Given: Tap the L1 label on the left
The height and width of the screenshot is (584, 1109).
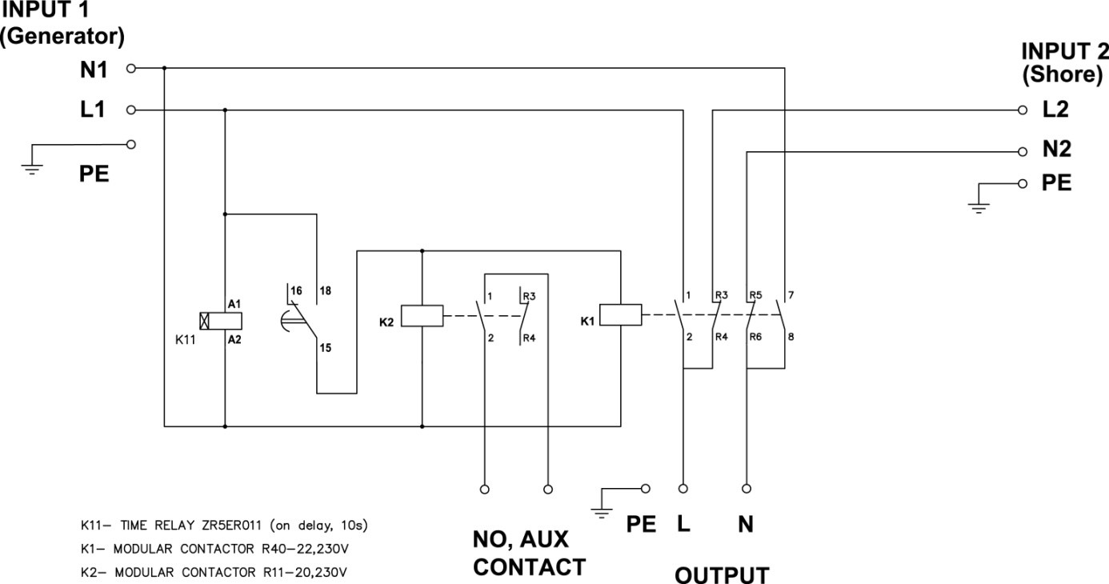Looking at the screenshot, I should (93, 110).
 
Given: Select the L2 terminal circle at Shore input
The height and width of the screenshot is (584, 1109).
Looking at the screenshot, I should (1022, 110).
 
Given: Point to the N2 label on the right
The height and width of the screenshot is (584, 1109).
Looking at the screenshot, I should (1056, 150).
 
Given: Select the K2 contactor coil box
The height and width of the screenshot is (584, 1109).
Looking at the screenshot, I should (421, 316).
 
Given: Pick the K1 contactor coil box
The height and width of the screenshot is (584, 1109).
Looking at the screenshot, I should (620, 315).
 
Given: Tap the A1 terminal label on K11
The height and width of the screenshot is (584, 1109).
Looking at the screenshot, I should (234, 304).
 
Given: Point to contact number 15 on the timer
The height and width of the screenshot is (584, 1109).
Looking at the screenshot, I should (325, 348).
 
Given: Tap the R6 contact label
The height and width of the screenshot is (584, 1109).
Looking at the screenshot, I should (755, 337).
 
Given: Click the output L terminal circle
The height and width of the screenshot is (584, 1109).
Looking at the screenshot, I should (683, 487).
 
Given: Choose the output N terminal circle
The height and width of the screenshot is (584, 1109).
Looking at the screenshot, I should (747, 487).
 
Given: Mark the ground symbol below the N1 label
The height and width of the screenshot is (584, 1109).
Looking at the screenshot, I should (32, 167).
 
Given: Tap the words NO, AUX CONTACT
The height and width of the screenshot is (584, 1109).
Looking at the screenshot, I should (528, 554).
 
